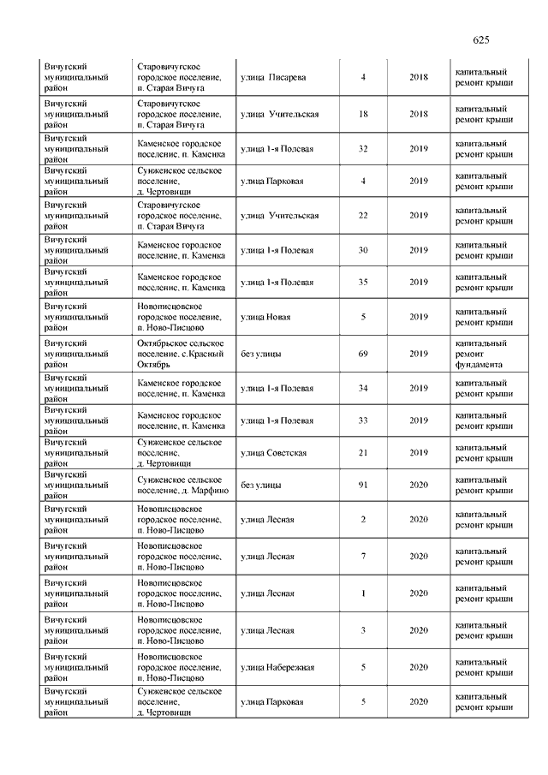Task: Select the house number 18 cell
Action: [x=363, y=115]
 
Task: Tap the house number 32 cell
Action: [x=363, y=149]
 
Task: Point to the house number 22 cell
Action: [x=363, y=216]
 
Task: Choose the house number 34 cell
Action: [x=363, y=389]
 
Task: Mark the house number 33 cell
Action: [x=363, y=421]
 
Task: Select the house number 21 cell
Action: [x=363, y=453]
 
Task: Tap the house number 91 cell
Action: [x=363, y=486]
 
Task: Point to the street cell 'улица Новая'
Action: [x=266, y=317]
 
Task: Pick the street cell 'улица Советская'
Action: [x=274, y=453]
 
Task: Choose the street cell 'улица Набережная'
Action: [x=277, y=667]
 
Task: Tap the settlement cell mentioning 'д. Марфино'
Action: [x=181, y=486]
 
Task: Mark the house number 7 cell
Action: [x=363, y=557]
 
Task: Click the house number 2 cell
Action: [x=363, y=520]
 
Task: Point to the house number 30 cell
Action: [x=363, y=250]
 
